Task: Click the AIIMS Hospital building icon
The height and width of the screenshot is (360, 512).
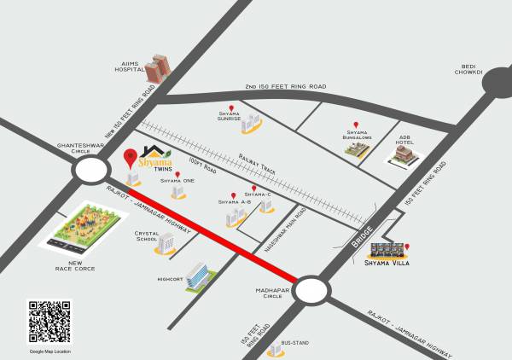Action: click(x=156, y=69)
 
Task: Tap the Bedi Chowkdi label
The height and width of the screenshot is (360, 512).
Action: click(x=469, y=68)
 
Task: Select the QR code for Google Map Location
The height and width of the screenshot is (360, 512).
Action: click(x=49, y=322)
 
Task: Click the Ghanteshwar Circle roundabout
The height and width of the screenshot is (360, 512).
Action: click(x=90, y=171)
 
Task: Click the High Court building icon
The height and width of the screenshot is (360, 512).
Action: click(x=200, y=276)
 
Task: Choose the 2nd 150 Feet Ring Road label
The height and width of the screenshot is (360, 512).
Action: click(x=284, y=87)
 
